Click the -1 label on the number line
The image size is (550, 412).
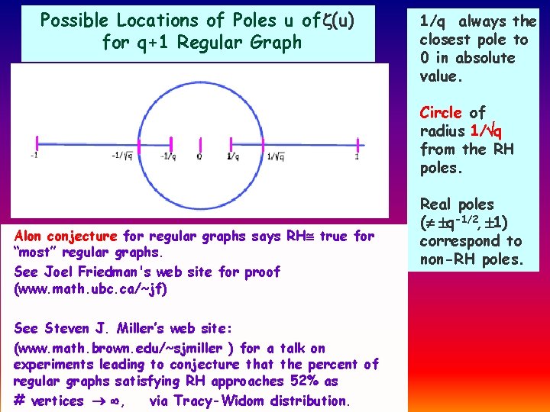tap(34, 157)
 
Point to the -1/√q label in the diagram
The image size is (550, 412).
tap(122, 157)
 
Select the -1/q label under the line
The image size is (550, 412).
tap(168, 157)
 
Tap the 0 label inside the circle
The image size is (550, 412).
tap(199, 157)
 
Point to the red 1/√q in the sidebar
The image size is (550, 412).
tap(486, 130)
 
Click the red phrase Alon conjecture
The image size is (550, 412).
tap(66, 237)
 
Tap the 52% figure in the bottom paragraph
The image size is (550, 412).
tap(307, 381)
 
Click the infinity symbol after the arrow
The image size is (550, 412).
tap(113, 401)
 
